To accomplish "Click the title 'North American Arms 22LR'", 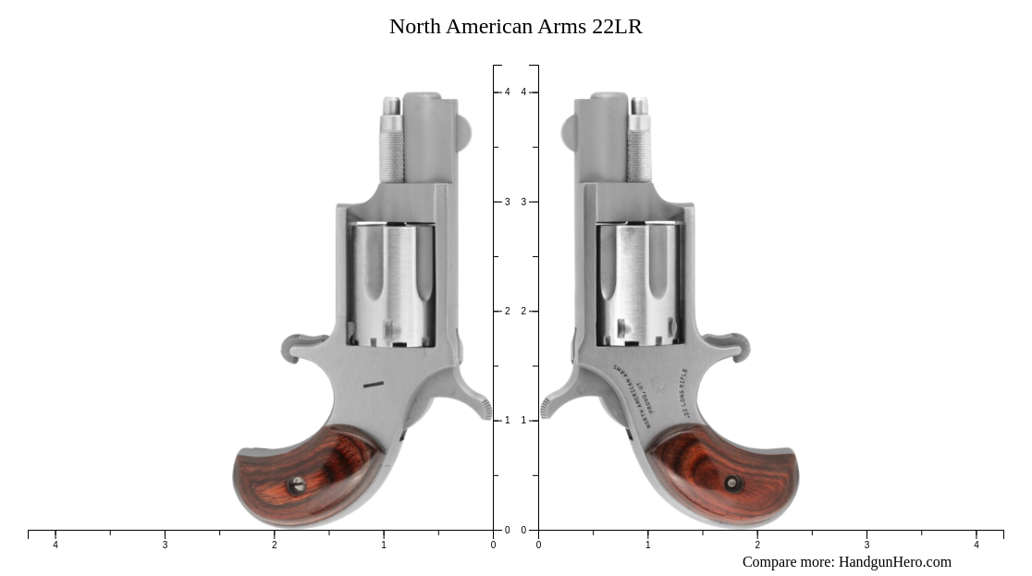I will [515, 27].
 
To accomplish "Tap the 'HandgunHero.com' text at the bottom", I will [894, 562].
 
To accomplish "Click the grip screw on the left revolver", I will [298, 484].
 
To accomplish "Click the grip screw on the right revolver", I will [733, 484].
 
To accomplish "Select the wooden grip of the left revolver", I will [305, 476].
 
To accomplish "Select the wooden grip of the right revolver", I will [726, 476].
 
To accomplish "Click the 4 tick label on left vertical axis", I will [507, 92].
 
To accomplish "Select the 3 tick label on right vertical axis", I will [523, 202].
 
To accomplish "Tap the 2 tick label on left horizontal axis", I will [274, 545].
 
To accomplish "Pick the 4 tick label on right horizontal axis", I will [976, 545].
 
